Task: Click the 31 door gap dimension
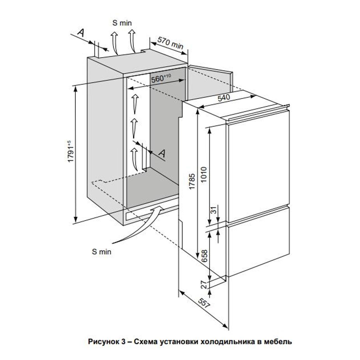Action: click(x=213, y=211)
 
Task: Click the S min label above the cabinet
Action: click(x=122, y=23)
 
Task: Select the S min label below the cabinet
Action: click(x=102, y=252)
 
